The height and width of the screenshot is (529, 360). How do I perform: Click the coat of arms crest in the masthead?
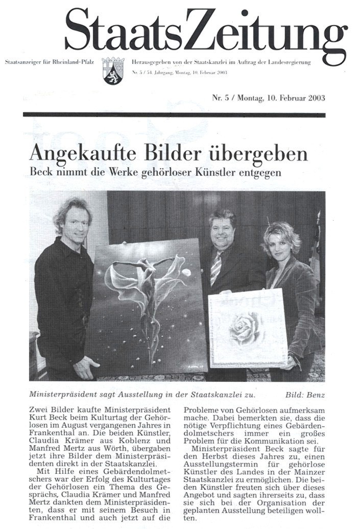tap(113, 71)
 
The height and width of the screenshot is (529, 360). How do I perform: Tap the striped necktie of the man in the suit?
tap(217, 267)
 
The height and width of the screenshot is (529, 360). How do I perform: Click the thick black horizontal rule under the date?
tap(174, 114)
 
